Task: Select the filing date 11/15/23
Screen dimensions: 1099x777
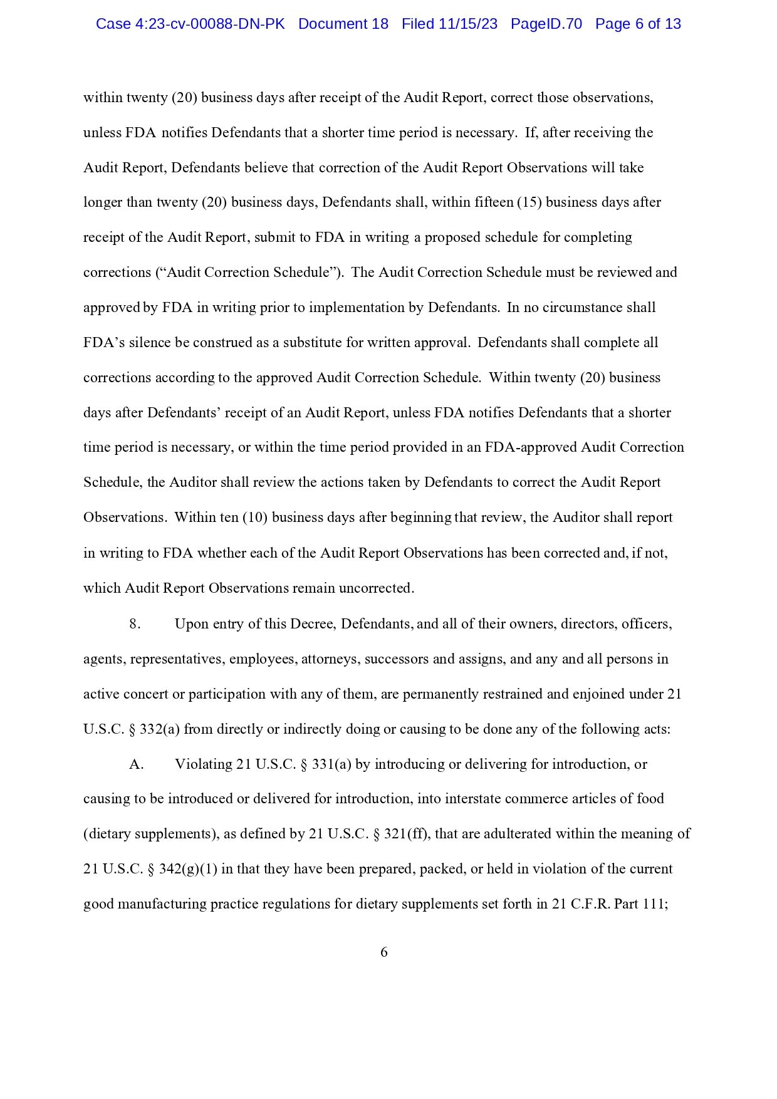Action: coord(468,24)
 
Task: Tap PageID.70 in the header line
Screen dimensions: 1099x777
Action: coord(546,24)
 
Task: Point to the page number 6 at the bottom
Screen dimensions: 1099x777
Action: coord(383,952)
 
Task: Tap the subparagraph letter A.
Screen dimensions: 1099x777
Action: coord(137,764)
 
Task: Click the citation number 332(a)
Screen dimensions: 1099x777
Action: coord(160,729)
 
